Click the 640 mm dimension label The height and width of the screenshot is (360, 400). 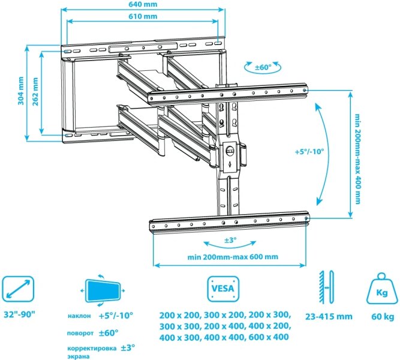click(x=143, y=4)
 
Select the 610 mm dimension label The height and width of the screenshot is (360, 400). click(x=143, y=16)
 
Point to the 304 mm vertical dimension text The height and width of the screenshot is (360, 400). click(x=21, y=91)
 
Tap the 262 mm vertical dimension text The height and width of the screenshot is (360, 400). click(x=35, y=91)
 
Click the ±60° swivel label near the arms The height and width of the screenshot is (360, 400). click(x=263, y=67)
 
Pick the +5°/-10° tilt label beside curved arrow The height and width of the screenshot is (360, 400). click(x=309, y=151)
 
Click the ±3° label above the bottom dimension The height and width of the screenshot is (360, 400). click(x=230, y=240)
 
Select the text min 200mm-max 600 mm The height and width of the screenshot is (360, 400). click(x=233, y=257)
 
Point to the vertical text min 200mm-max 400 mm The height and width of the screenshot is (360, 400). click(x=358, y=159)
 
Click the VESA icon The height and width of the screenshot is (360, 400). click(x=223, y=289)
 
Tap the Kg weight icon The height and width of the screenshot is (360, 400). click(x=382, y=289)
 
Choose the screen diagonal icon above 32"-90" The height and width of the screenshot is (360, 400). click(x=18, y=289)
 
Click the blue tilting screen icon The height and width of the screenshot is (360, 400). click(x=103, y=291)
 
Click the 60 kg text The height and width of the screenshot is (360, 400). click(x=383, y=317)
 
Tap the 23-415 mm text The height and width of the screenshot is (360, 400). click(x=329, y=317)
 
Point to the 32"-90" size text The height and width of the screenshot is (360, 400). click(x=19, y=314)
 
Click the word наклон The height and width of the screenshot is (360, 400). click(x=79, y=316)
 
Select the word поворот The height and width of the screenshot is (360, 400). click(x=80, y=333)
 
